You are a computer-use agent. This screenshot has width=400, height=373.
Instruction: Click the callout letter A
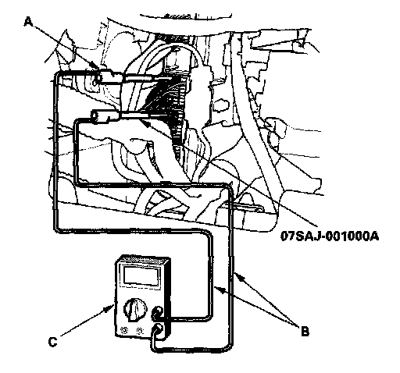(x=29, y=21)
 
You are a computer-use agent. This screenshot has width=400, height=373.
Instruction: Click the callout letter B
(x=305, y=332)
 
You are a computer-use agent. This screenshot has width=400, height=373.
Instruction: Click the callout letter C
(x=53, y=342)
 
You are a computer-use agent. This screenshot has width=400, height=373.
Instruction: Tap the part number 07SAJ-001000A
(x=330, y=236)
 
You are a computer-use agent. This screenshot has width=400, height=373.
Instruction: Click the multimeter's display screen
(x=141, y=275)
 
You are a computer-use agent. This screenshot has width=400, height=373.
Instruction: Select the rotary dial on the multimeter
(x=134, y=309)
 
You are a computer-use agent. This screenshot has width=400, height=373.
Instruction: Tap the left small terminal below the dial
(x=124, y=331)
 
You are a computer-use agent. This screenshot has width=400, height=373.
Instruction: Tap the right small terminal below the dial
(x=140, y=331)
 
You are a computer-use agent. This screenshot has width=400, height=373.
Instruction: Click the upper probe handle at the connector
(x=109, y=78)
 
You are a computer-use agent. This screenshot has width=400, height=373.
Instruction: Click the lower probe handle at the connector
(x=105, y=116)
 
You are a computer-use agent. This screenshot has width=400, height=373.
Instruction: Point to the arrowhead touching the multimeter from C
(x=110, y=307)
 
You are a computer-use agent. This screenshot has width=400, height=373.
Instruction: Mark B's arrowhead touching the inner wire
(x=218, y=289)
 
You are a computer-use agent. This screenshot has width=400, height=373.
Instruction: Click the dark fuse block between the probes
(x=166, y=101)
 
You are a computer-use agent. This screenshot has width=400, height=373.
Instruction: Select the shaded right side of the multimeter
(x=168, y=299)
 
